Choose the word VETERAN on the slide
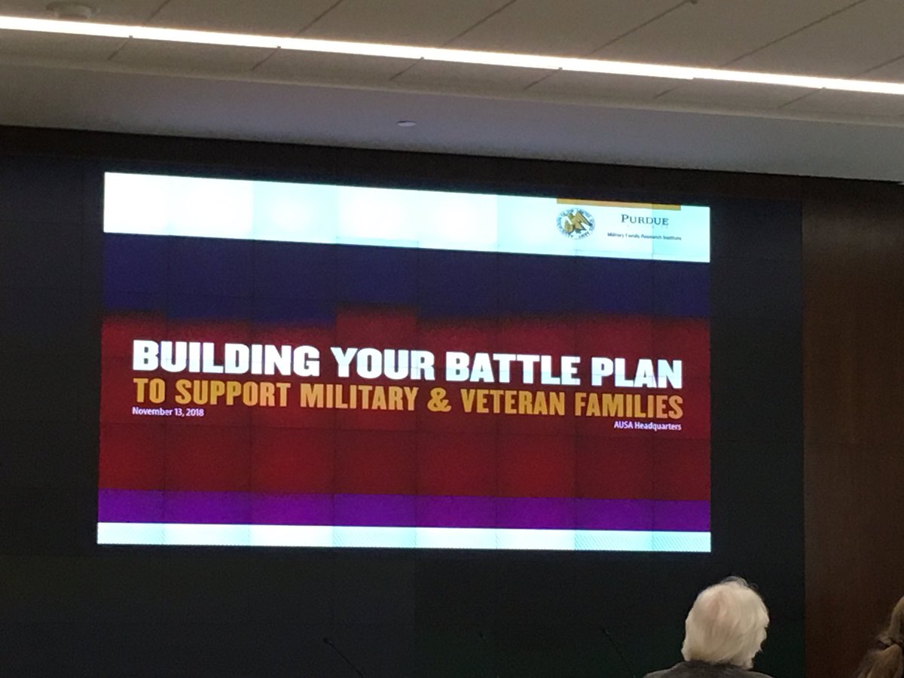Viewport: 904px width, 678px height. [512, 403]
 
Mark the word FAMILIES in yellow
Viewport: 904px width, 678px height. [632, 406]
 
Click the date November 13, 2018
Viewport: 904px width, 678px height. [167, 411]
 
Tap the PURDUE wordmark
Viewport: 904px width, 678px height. [646, 219]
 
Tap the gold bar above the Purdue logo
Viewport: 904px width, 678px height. [618, 203]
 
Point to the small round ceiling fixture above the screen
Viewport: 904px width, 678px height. [405, 124]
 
